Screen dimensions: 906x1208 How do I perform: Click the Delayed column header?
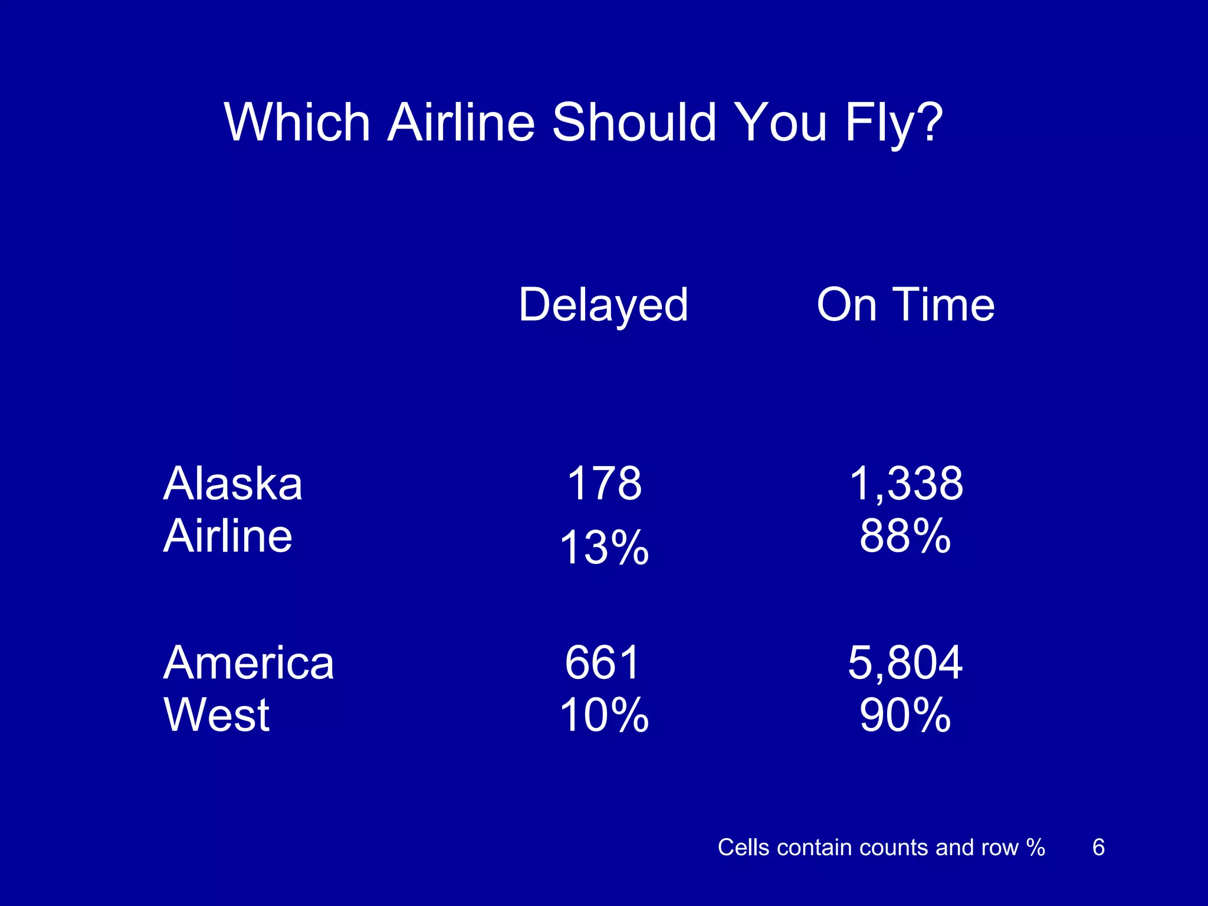coord(603,305)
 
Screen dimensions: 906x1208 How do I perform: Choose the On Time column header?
coord(905,305)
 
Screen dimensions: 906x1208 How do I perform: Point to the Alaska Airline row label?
coord(232,510)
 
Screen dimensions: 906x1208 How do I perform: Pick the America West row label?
coord(248,688)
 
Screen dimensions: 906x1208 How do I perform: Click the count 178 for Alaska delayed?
coord(604,484)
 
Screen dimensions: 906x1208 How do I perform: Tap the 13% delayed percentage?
coord(604,547)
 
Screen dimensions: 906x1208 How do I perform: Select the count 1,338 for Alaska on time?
coord(905,484)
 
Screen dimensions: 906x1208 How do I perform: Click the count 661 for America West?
coord(603,662)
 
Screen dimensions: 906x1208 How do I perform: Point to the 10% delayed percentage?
coord(604,715)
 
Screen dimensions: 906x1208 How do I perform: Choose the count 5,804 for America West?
coord(905,662)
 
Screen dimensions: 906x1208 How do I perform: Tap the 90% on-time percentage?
coord(905,715)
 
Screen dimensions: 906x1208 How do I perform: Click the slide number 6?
coord(1098,848)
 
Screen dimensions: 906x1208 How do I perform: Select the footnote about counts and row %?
coord(881,848)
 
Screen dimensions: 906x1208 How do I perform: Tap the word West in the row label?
coord(216,715)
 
